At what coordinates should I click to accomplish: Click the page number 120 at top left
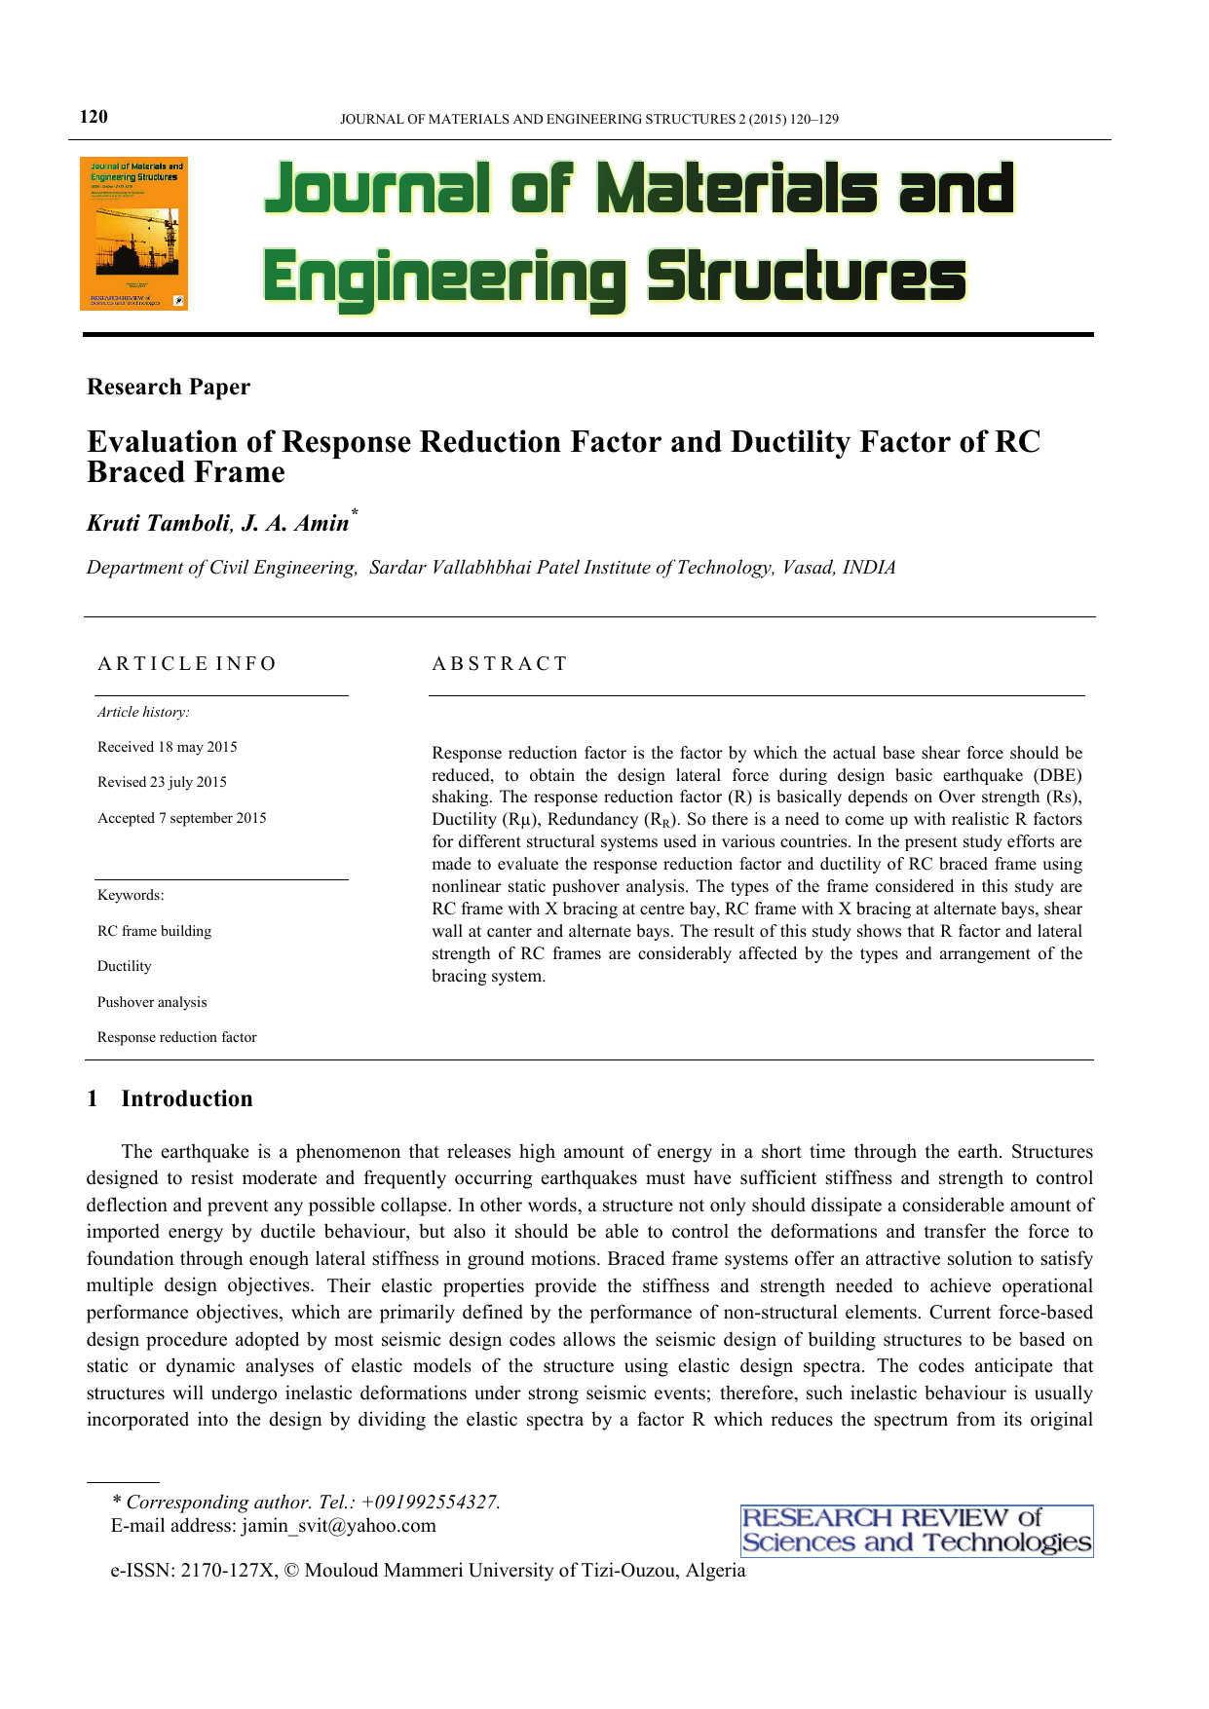pyautogui.click(x=94, y=117)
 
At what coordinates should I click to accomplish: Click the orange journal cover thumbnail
pyautogui.click(x=133, y=234)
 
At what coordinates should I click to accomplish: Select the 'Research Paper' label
pyautogui.click(x=169, y=387)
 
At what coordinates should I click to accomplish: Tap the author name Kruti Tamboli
pyautogui.click(x=159, y=523)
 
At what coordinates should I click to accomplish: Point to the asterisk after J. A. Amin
pyautogui.click(x=355, y=512)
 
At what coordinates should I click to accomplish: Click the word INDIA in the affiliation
pyautogui.click(x=869, y=568)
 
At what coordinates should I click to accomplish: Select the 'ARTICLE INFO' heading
pyautogui.click(x=187, y=664)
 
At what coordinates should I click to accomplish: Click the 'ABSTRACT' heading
pyautogui.click(x=500, y=664)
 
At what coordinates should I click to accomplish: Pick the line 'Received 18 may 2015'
pyautogui.click(x=168, y=747)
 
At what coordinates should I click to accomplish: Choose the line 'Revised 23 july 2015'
pyautogui.click(x=162, y=782)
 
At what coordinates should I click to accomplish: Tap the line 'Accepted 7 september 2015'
pyautogui.click(x=182, y=818)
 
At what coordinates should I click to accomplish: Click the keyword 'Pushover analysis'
pyautogui.click(x=152, y=1002)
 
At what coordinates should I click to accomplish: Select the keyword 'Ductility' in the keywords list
pyautogui.click(x=125, y=966)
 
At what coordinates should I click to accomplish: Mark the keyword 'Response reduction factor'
pyautogui.click(x=177, y=1037)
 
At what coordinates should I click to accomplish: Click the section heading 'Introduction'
pyautogui.click(x=187, y=1098)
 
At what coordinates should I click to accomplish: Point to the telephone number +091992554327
pyautogui.click(x=430, y=1502)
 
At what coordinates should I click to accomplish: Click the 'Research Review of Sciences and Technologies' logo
pyautogui.click(x=916, y=1531)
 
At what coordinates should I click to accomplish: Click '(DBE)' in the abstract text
pyautogui.click(x=1058, y=775)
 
